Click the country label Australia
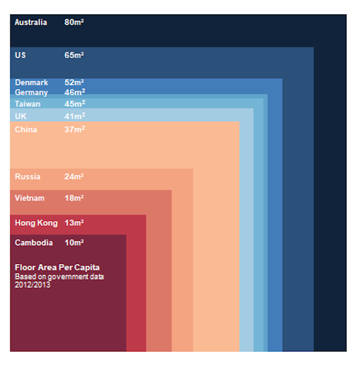click(31, 22)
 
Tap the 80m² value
click(74, 22)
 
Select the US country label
click(21, 55)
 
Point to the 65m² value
click(74, 55)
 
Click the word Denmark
click(32, 83)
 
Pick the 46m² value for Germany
click(75, 92)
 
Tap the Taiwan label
click(28, 104)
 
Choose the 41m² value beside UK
click(75, 116)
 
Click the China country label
click(26, 129)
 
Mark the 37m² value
click(75, 129)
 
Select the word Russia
click(28, 177)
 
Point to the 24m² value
click(74, 177)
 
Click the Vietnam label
click(30, 198)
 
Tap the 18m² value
click(74, 198)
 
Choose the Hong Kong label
click(36, 223)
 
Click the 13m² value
click(74, 223)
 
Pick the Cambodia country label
click(34, 243)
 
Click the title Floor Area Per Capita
click(57, 267)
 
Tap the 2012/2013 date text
click(32, 285)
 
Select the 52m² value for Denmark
click(74, 82)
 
